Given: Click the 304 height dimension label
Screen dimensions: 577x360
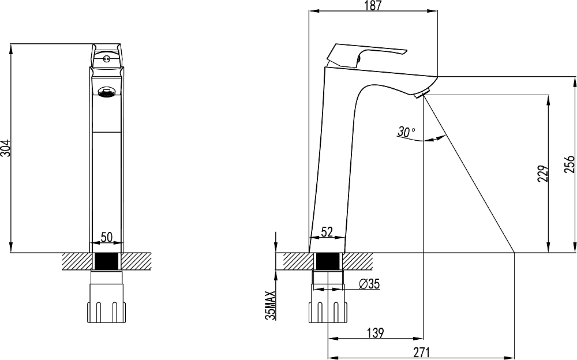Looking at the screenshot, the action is coord(6,148).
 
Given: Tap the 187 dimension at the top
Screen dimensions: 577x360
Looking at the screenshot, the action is coord(373,6).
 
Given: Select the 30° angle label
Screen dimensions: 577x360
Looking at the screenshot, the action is coord(406,132).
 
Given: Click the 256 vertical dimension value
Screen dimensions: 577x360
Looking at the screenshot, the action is coord(569,164).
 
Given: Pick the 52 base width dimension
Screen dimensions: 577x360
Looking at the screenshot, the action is coord(327,232).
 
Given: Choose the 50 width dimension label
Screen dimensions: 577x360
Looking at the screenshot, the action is coord(106,237).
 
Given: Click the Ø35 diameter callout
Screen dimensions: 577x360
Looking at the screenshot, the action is coord(369,284).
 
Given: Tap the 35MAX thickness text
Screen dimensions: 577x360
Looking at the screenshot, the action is coord(271,305).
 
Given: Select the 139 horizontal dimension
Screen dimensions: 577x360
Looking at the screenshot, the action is coord(376,333).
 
